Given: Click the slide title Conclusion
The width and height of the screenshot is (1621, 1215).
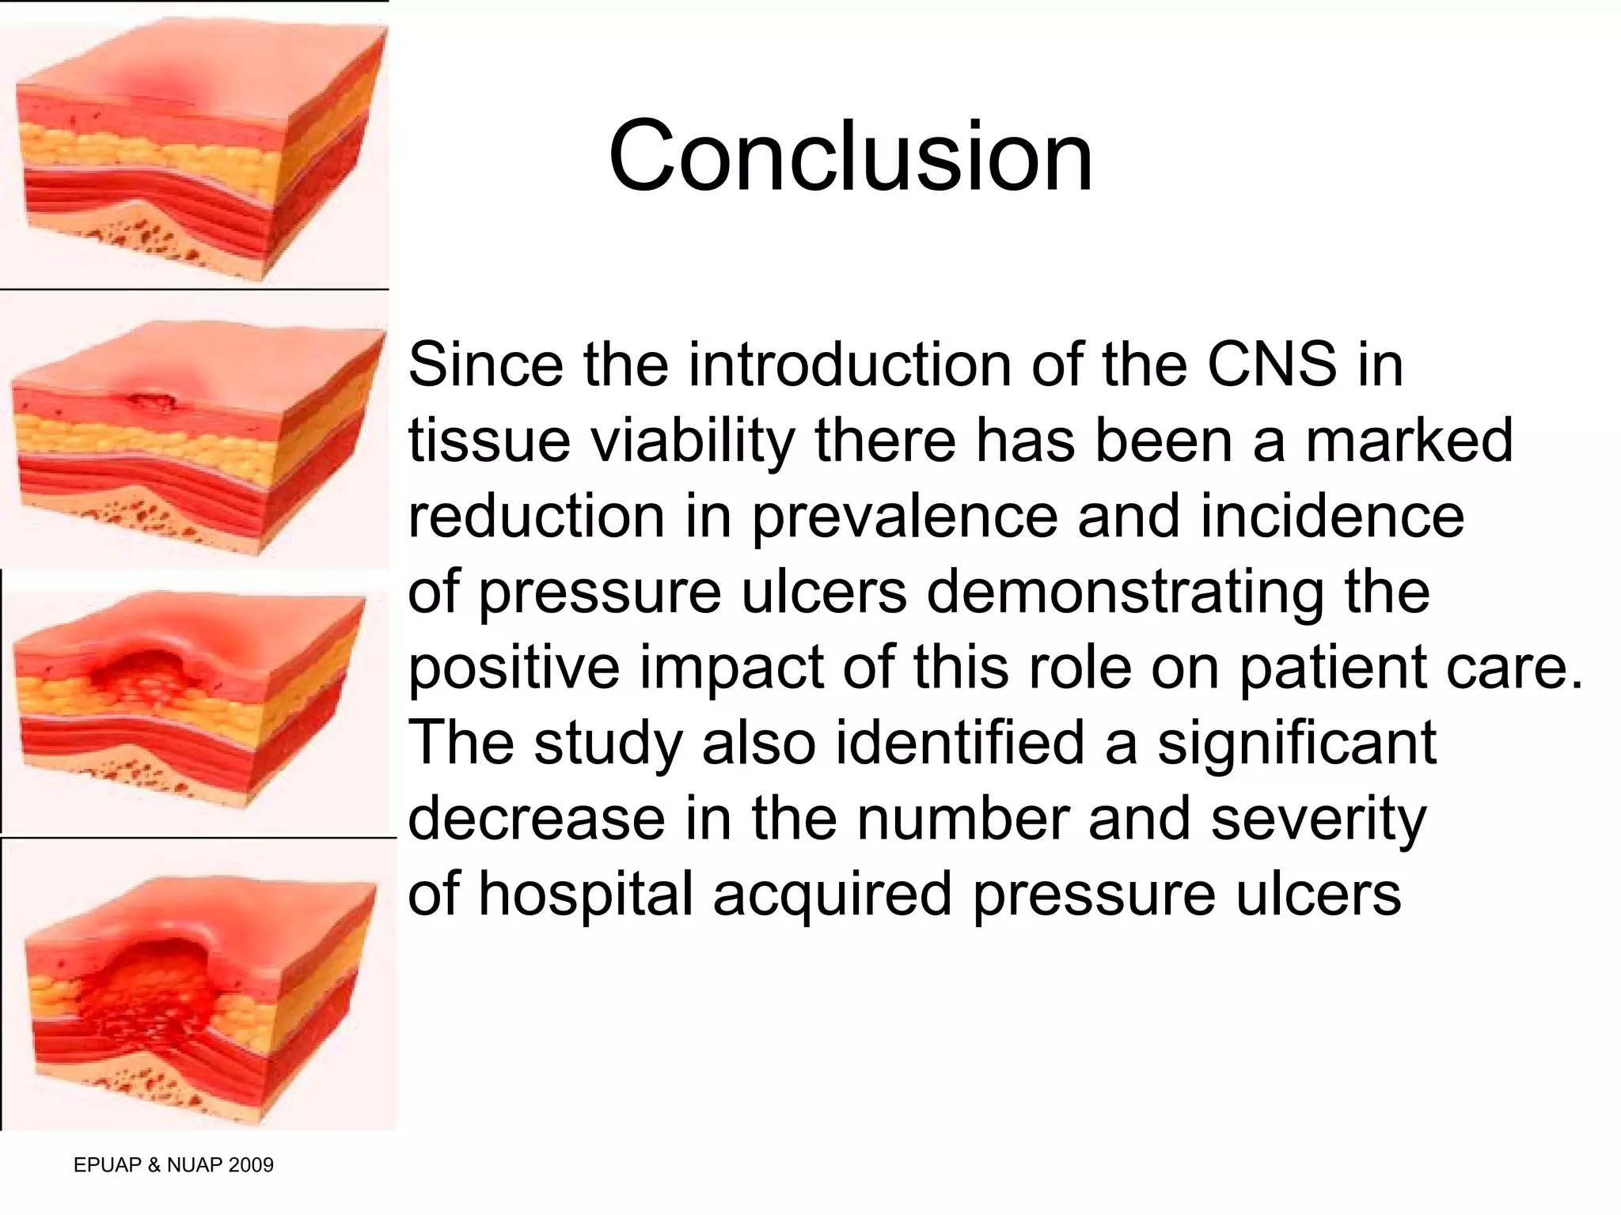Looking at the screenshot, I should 851,156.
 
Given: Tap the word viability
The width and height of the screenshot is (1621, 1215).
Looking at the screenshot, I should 693,441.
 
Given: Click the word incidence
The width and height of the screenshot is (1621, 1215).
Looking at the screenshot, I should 1332,517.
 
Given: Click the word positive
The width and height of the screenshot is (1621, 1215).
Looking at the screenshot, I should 514,668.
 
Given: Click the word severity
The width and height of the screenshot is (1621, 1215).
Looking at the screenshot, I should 1318,819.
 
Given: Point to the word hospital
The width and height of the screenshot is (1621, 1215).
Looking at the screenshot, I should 586,895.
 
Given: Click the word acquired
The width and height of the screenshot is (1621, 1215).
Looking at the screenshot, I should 832,895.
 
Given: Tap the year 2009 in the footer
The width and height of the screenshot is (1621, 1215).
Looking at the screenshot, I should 249,1165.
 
